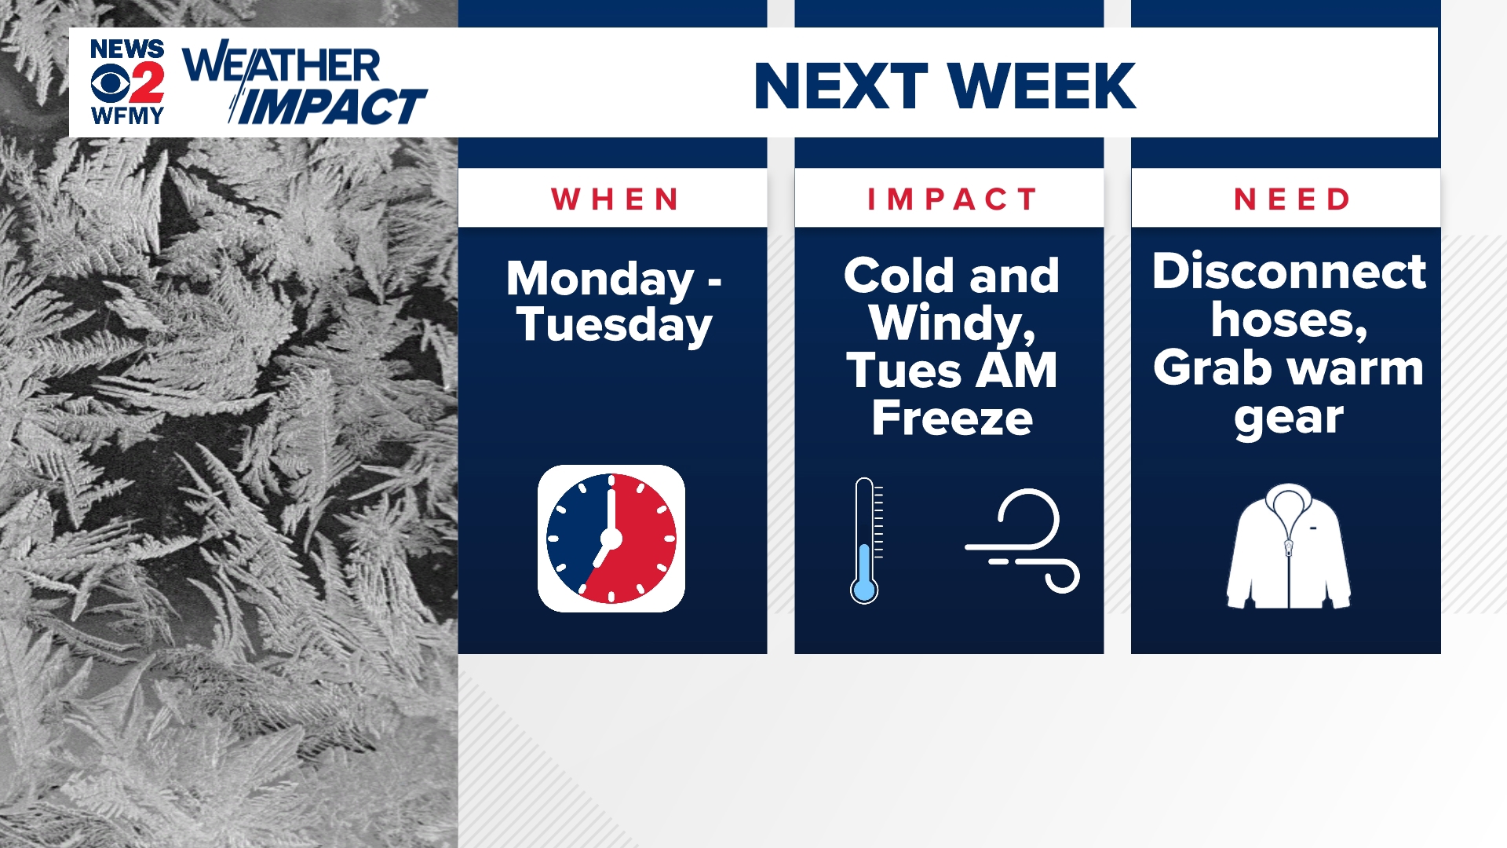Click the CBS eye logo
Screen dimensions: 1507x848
pos(110,82)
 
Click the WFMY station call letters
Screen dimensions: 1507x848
pos(127,115)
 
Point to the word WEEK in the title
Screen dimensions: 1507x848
pos(1042,86)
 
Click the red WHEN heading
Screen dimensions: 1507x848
pos(615,199)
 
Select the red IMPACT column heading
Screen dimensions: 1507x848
pos(951,199)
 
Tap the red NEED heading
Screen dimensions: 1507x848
pos(1291,199)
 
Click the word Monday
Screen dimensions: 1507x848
pos(600,280)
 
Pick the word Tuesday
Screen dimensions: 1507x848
pos(615,325)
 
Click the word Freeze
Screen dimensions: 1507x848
pos(952,418)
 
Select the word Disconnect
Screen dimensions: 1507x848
pos(1289,272)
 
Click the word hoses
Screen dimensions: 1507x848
pos(1289,320)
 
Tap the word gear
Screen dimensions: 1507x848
pos(1289,418)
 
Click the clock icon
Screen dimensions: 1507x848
pos(611,539)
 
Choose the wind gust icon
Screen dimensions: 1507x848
pos(1023,540)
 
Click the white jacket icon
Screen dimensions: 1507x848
pos(1289,546)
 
